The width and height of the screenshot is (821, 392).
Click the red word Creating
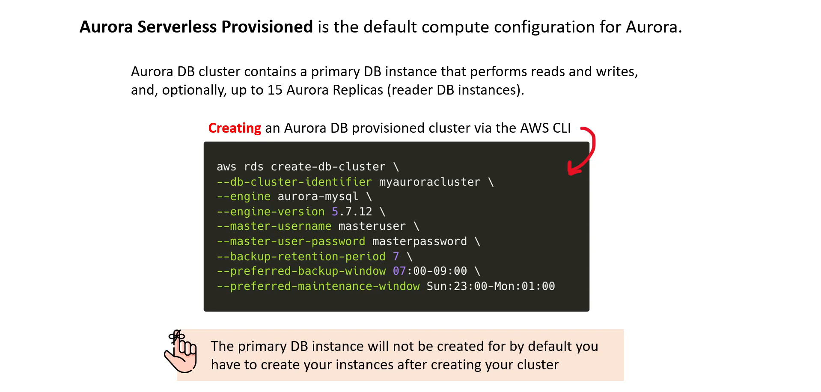click(235, 128)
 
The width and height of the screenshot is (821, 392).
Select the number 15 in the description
click(275, 90)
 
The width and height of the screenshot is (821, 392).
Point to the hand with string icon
click(181, 351)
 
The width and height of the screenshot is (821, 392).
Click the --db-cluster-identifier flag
click(294, 182)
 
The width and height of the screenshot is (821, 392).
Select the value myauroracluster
click(430, 182)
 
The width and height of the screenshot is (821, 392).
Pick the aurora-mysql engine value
click(318, 196)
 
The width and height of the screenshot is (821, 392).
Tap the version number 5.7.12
click(352, 211)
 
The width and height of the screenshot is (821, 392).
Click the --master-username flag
click(274, 226)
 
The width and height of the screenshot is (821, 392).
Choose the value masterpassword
click(419, 241)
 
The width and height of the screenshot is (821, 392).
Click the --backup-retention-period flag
click(301, 256)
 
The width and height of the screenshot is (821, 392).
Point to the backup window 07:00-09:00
click(430, 271)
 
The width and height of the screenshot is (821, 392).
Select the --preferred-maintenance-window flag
click(318, 286)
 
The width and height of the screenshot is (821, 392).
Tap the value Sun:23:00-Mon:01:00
click(491, 286)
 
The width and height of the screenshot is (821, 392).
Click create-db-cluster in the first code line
click(328, 166)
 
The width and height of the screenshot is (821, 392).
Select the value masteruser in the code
click(372, 226)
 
